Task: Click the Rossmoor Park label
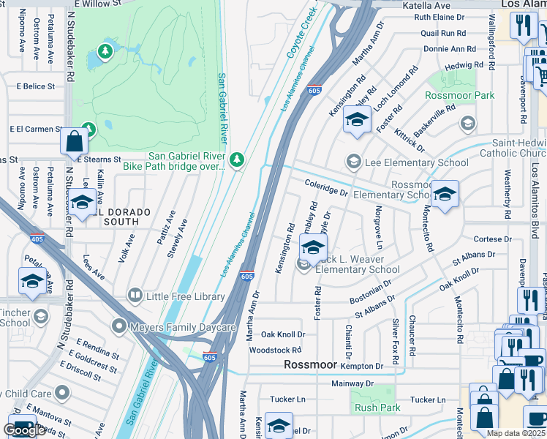coord(460,96)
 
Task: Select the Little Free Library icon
coord(135,296)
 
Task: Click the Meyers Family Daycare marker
coord(118,325)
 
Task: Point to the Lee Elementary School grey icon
coord(354,162)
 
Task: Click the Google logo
coord(24,430)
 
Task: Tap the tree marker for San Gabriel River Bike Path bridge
coord(236,160)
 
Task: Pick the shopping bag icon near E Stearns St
coord(75,140)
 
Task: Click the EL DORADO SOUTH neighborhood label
coord(118,212)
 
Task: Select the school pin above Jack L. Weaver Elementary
coord(313,249)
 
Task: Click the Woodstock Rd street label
coord(275,350)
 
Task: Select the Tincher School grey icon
coord(41,316)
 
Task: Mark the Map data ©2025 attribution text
coord(516,432)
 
